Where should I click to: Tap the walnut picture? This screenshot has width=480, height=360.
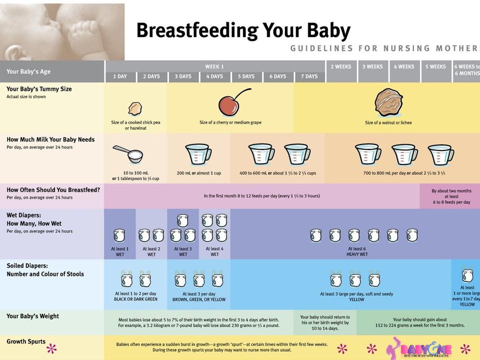coord(388,102)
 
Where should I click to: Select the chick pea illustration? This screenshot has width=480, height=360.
coord(135,108)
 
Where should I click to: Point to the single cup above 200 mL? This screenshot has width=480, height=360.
coord(198,154)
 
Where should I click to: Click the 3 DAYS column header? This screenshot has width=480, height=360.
coord(183,76)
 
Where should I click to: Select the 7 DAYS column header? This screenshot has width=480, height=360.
coord(309,76)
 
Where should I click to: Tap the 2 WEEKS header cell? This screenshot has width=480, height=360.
coord(341,66)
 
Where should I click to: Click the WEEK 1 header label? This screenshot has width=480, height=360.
coord(214,66)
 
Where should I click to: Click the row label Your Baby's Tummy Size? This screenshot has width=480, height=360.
coord(39,89)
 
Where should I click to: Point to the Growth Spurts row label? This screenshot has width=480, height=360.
coord(26,342)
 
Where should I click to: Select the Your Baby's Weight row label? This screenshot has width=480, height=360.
coord(33,316)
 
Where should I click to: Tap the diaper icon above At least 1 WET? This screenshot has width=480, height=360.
coord(119,235)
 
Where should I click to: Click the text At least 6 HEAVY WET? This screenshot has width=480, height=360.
coord(357,251)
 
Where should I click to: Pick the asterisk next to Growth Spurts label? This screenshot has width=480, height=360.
coord(51,348)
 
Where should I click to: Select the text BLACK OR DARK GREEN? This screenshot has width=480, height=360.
coord(135,299)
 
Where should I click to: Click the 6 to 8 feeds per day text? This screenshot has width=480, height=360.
coord(451,202)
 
